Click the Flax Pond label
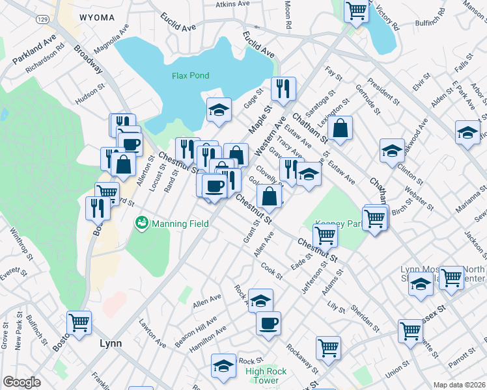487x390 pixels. point(190,75)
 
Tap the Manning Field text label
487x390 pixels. point(180,224)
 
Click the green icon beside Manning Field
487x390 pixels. point(141,224)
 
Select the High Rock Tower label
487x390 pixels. point(266,376)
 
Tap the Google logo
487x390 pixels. point(21,382)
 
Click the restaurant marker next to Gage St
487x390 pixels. point(283,89)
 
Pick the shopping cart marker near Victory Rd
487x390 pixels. point(357,11)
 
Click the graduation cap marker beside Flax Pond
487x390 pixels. point(219,109)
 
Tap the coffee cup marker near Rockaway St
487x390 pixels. point(268,323)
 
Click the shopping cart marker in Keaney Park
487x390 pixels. point(325,234)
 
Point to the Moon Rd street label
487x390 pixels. point(287,14)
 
